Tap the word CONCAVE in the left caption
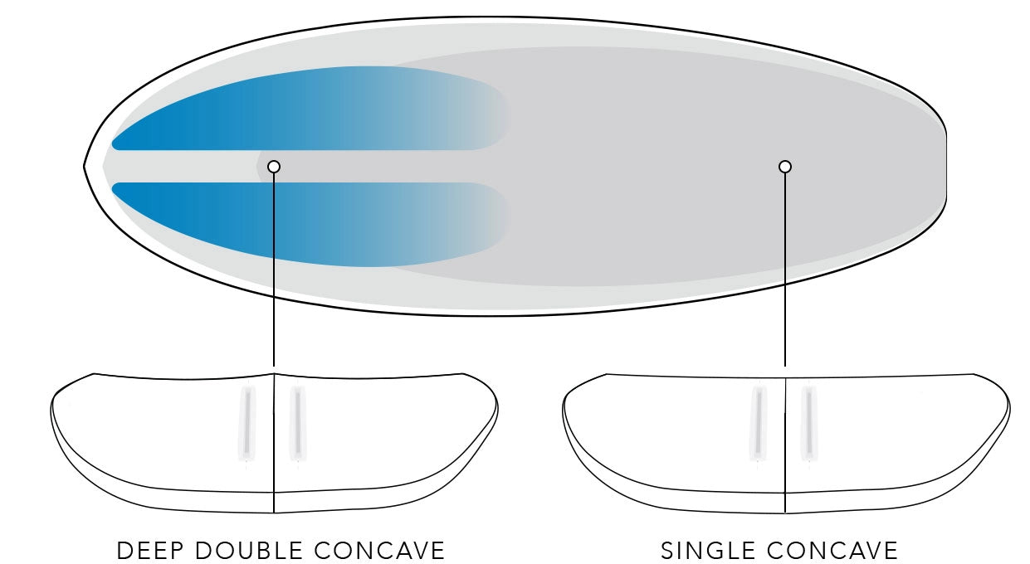coord(379,550)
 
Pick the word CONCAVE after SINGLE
coord(832,550)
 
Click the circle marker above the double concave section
coord(274,167)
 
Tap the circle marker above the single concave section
coord(785,167)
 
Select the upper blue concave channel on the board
coord(309,109)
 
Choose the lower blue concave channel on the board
coord(309,224)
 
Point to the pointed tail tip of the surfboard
coord(85,167)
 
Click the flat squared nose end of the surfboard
coord(946,167)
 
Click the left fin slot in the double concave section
coord(247,423)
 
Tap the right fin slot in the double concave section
coord(298,423)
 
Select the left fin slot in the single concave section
coord(759,423)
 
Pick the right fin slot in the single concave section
coord(809,423)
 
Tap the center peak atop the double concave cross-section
coord(274,374)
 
